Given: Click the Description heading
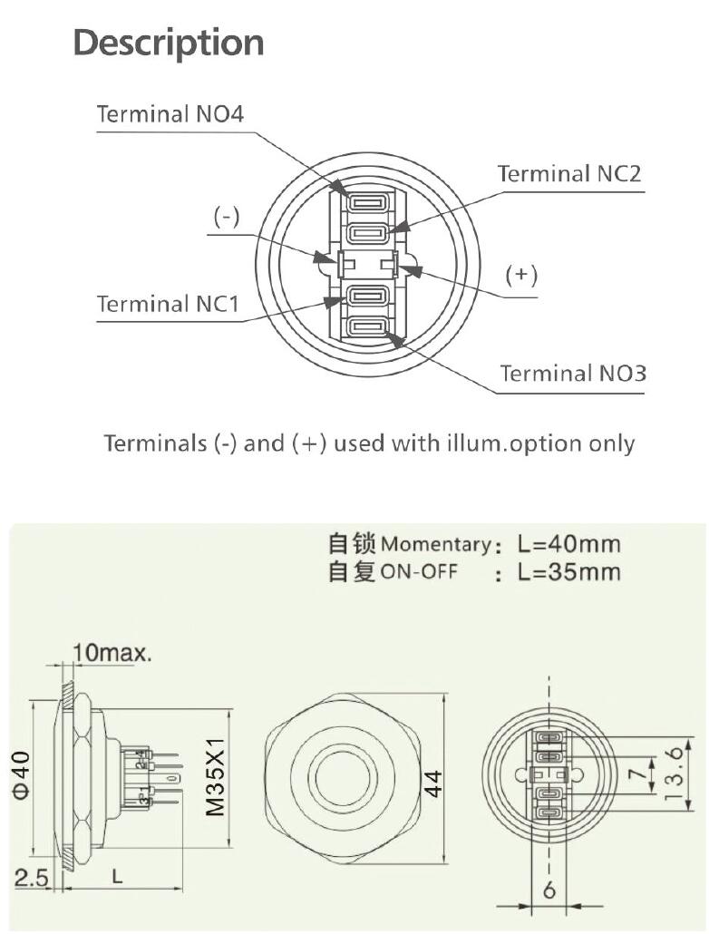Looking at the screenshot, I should (169, 43).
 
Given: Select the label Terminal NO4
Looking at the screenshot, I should (170, 114).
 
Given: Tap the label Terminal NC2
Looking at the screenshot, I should (569, 174).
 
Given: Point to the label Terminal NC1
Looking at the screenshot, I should (168, 303).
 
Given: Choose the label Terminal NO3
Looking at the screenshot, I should (573, 373).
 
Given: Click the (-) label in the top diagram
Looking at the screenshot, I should (226, 217).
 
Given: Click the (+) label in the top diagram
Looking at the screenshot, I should (521, 275).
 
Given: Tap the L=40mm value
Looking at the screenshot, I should (569, 544).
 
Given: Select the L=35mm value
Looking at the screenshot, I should (569, 572).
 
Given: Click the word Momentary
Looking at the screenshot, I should (435, 545).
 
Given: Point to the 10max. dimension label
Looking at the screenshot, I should (112, 652).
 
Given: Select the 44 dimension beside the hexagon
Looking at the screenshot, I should (432, 782).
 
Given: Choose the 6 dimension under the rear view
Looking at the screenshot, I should (549, 890).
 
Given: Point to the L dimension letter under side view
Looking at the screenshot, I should (116, 876).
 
